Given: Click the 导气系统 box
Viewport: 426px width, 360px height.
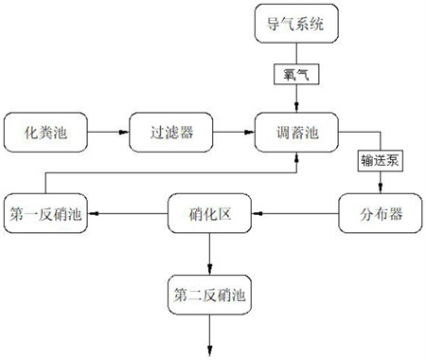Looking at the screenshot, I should tap(297, 26).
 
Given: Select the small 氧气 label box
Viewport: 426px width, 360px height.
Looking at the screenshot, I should tap(297, 75).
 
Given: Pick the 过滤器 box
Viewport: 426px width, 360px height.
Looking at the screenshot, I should tap(173, 133).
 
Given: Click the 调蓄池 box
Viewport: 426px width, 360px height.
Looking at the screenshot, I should tap(297, 133).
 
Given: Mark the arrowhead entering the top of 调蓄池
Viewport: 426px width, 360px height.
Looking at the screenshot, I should tap(297, 106).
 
